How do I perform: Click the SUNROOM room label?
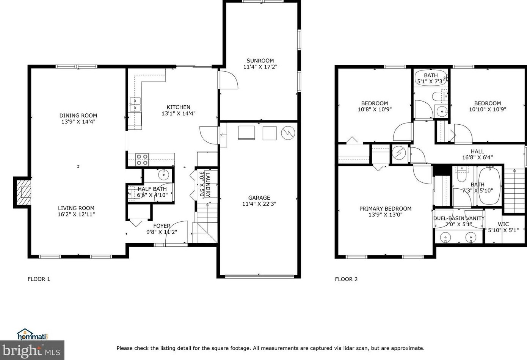[260, 61]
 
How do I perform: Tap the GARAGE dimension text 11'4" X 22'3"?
[259, 204]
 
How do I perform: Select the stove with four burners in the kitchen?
[142, 160]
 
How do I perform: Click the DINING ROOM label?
[78, 116]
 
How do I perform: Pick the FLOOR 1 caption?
[39, 279]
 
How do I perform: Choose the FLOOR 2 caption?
[346, 279]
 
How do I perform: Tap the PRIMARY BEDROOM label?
[385, 208]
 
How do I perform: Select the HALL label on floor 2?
[477, 152]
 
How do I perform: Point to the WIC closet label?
[503, 224]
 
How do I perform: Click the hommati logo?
[32, 334]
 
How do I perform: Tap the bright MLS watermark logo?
[32, 351]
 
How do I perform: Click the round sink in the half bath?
[163, 175]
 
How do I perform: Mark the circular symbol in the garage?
[288, 133]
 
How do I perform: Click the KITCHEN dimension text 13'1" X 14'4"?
[178, 113]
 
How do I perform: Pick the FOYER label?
[162, 226]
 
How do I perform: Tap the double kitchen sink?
[135, 105]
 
